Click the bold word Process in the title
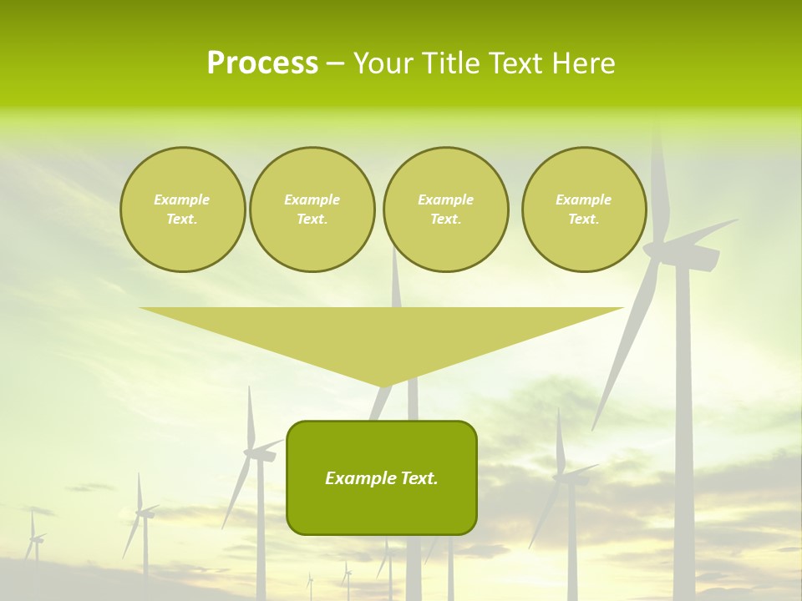click(x=262, y=63)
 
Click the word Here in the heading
click(x=582, y=63)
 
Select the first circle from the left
click(x=182, y=210)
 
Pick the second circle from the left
click(x=312, y=210)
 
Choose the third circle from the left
click(x=445, y=210)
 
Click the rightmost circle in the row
click(x=583, y=210)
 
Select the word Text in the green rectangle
click(x=418, y=478)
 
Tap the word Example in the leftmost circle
click(x=182, y=199)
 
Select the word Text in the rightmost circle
click(x=583, y=219)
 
